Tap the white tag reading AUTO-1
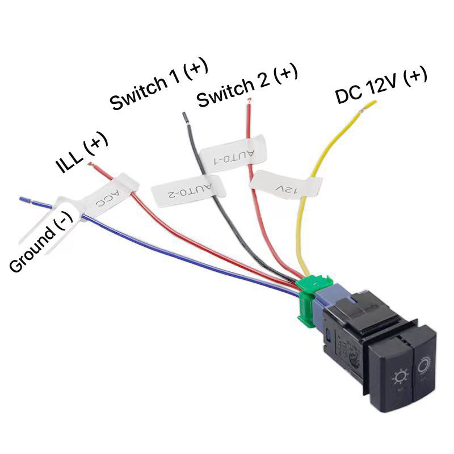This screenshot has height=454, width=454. (x=233, y=154)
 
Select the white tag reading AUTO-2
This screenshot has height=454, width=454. (x=188, y=191)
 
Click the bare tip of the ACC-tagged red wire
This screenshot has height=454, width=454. (x=91, y=165)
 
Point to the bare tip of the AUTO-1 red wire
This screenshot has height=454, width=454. (x=249, y=101)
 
